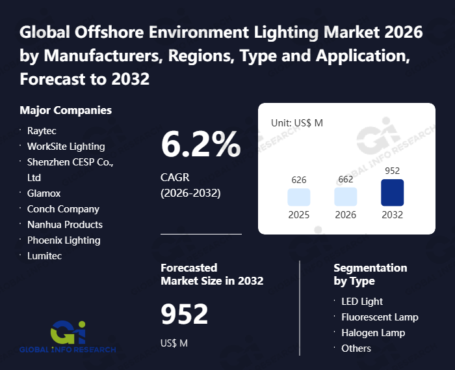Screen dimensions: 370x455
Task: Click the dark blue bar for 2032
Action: point(393,193)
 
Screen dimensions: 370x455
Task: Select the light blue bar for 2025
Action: point(299,197)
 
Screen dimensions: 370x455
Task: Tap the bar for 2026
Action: point(346,197)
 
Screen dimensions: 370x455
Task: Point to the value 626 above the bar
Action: point(299,180)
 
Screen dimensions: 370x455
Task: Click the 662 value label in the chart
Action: point(346,180)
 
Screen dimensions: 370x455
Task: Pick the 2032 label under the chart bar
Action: point(393,215)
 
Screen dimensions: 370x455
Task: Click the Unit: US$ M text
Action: point(297,122)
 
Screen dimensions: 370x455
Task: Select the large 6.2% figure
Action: point(200,145)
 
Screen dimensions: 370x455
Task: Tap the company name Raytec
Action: point(42,130)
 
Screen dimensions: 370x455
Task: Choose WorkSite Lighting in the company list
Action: point(66,146)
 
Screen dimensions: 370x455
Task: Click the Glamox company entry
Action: point(44,193)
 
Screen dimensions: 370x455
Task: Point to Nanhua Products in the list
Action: point(65,224)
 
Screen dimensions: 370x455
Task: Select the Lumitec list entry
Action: point(45,255)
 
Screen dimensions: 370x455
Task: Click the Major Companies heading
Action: point(66,110)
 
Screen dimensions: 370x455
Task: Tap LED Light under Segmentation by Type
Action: point(362,301)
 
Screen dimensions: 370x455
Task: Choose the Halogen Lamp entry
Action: point(373,332)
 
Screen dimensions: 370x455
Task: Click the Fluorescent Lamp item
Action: point(380,317)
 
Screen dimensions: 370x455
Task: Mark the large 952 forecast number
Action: point(185,315)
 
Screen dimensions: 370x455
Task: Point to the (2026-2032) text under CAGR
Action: point(190,193)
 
